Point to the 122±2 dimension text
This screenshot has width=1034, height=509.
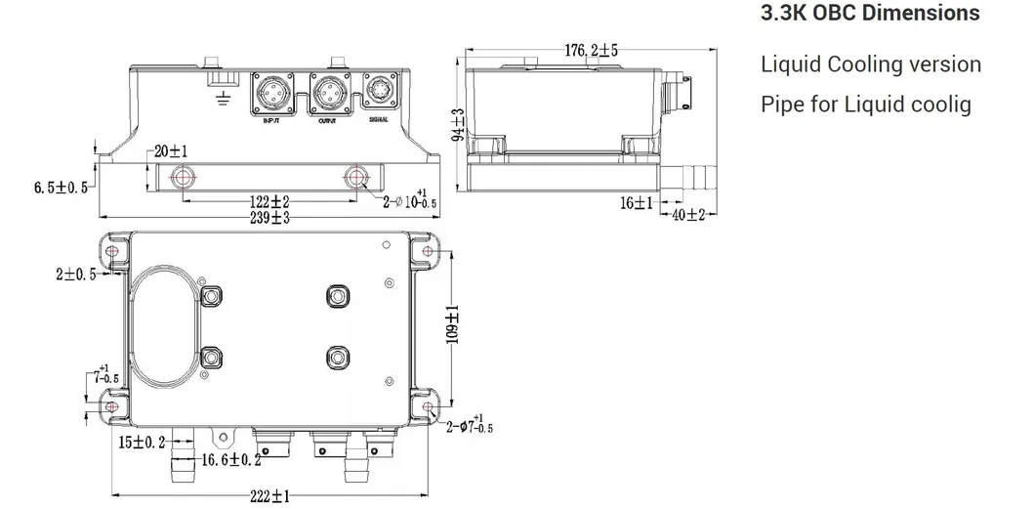pyautogui.click(x=266, y=201)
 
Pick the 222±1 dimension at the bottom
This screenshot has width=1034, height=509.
pyautogui.click(x=267, y=496)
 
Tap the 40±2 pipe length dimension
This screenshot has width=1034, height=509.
pyautogui.click(x=688, y=215)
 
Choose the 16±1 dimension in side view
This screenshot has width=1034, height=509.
pyautogui.click(x=636, y=202)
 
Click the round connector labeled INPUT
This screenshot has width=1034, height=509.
pyautogui.click(x=271, y=94)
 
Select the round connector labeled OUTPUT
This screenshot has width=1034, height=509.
pyautogui.click(x=327, y=94)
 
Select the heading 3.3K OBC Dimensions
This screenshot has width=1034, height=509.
pyautogui.click(x=869, y=15)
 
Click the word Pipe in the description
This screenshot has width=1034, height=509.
pyautogui.click(x=782, y=104)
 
